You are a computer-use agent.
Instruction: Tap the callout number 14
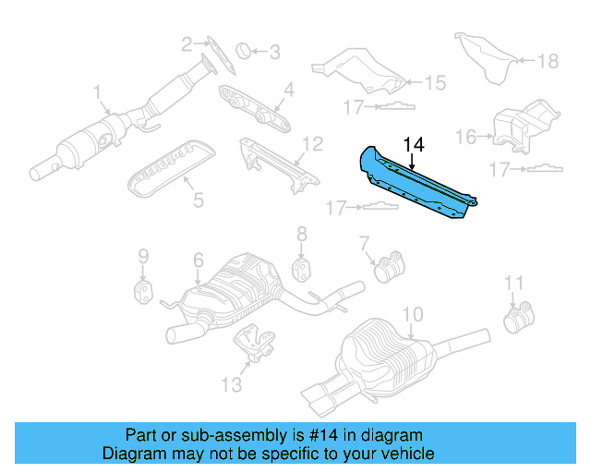click(414, 144)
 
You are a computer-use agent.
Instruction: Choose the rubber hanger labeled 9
click(143, 293)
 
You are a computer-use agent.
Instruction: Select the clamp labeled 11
click(514, 321)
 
